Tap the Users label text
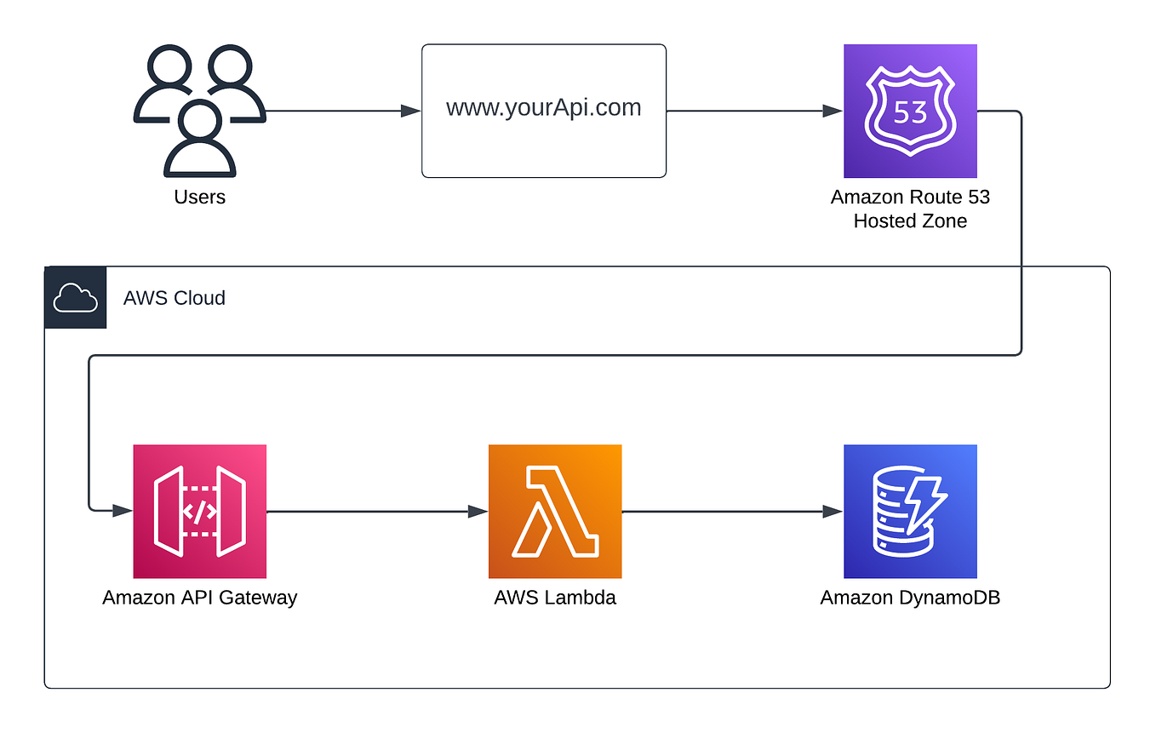[x=200, y=198]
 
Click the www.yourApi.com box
[x=544, y=111]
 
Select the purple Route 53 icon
[x=910, y=111]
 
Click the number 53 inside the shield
[x=910, y=112]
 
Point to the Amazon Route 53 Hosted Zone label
[x=910, y=209]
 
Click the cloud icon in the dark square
[x=76, y=298]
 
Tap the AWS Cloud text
[x=175, y=298]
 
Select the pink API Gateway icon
[x=200, y=511]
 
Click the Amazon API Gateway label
[x=200, y=598]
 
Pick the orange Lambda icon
[x=555, y=511]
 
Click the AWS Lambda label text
[x=555, y=598]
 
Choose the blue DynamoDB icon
[x=910, y=511]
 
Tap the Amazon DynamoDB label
[x=910, y=598]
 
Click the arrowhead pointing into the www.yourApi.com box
[x=411, y=111]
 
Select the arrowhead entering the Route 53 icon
[x=833, y=111]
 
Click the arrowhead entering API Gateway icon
[x=123, y=511]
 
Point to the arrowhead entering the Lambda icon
[x=478, y=511]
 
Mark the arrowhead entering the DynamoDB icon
[x=833, y=511]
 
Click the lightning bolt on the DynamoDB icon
[x=927, y=501]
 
